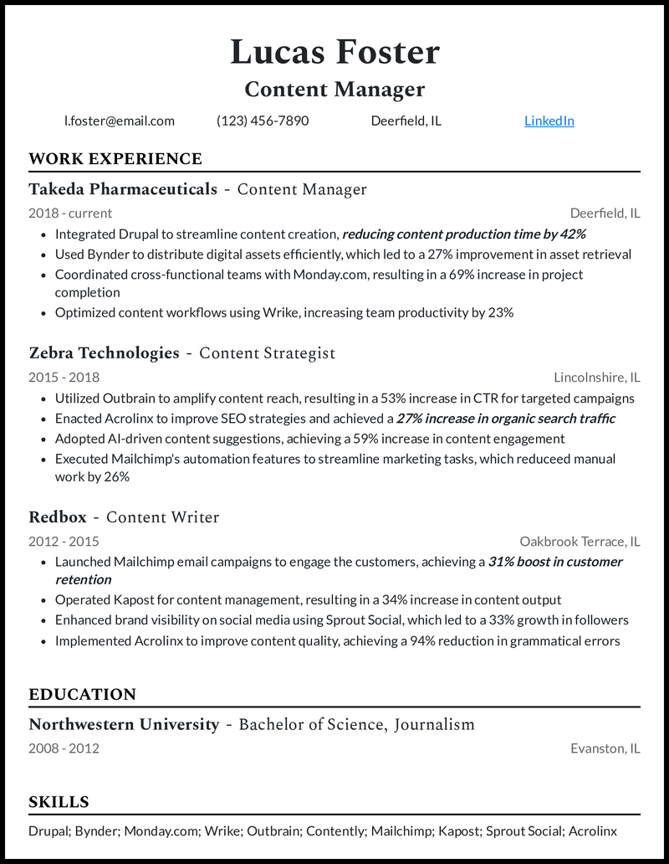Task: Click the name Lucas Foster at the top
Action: pos(334,52)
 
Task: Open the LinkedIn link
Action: pos(549,121)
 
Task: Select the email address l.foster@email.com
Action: pos(120,121)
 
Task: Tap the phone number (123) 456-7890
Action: pos(263,121)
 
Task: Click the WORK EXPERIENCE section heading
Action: pos(115,159)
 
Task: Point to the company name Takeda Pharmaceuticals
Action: pos(123,189)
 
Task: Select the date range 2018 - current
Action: pos(70,213)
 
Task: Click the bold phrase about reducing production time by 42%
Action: pos(464,234)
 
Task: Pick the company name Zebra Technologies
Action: pos(104,353)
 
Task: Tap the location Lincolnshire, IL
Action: pos(596,377)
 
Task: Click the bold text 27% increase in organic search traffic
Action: pos(506,419)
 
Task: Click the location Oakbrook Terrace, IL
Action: pos(580,541)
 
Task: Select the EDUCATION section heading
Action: pos(82,695)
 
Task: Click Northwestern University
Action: pos(124,724)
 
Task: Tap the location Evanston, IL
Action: pos(605,748)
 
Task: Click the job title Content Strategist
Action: pos(267,353)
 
